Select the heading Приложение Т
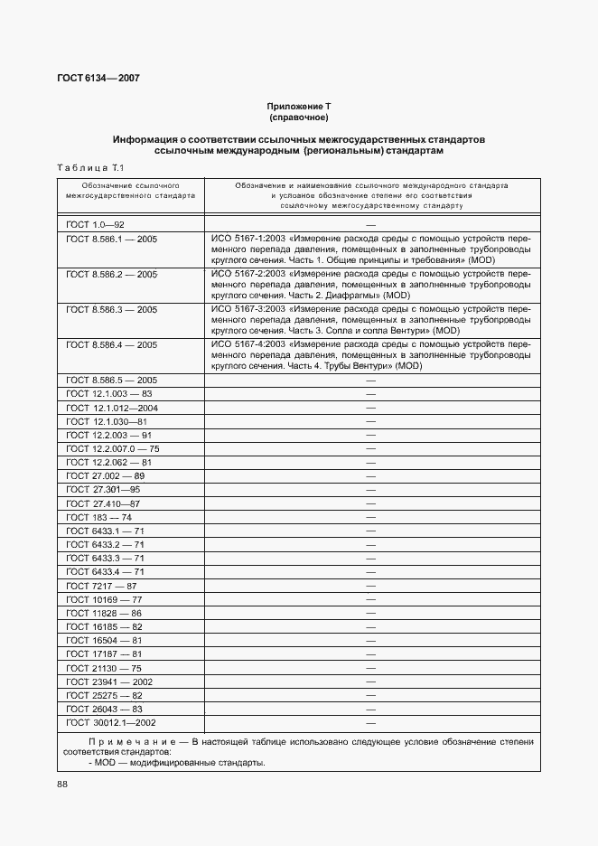click(x=298, y=107)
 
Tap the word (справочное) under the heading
click(x=298, y=117)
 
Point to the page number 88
click(x=62, y=785)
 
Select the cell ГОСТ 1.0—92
click(x=95, y=223)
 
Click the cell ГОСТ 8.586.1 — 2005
click(x=112, y=239)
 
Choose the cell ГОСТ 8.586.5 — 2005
click(x=112, y=381)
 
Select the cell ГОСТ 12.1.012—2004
click(x=112, y=408)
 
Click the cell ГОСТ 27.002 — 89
click(x=106, y=475)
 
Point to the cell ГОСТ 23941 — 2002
click(x=109, y=681)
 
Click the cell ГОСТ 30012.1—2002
click(x=111, y=723)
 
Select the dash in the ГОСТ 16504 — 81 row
click(x=370, y=640)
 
